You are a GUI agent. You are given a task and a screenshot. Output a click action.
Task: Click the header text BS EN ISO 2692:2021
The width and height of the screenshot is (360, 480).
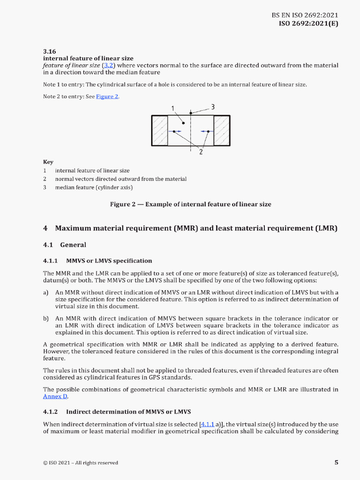coord(305,15)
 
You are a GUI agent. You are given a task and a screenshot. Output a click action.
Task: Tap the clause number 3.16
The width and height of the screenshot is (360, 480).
coord(49,52)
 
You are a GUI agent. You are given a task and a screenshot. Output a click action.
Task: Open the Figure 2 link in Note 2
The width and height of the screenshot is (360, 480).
coord(107,97)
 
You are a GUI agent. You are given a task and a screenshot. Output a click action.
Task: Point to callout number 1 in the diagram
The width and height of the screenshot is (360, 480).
coord(173,109)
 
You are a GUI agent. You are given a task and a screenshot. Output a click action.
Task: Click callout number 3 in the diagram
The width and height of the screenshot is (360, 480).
coord(212,107)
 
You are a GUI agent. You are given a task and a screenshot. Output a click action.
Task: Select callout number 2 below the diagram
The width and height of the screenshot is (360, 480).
coord(201,151)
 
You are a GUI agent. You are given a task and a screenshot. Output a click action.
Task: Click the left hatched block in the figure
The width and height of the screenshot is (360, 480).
coord(159,131)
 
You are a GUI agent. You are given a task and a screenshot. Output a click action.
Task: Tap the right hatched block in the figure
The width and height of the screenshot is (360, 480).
coord(221,131)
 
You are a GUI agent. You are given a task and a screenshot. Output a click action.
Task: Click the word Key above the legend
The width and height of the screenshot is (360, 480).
coord(48,162)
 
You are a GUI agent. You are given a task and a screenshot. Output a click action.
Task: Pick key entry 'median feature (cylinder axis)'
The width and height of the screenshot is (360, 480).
coord(94,187)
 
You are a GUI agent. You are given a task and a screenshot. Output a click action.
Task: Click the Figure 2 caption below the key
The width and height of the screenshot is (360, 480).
coord(190,204)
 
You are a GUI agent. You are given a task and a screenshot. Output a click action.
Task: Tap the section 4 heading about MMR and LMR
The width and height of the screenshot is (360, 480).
coord(190,229)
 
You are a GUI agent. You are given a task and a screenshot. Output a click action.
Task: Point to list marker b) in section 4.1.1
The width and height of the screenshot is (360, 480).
coord(46,319)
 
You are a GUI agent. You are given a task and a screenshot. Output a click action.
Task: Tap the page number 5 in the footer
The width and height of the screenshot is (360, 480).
coord(336,463)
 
